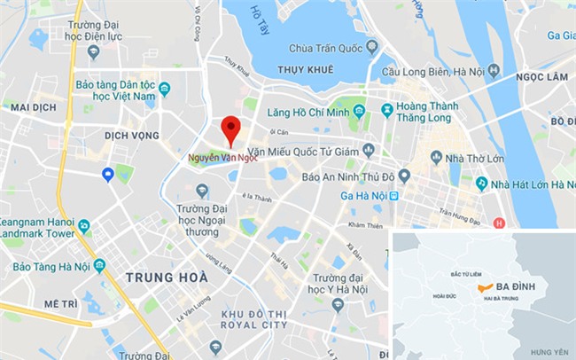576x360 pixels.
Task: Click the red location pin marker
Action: (x=230, y=129)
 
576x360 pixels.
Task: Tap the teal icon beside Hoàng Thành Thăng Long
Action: (x=387, y=110)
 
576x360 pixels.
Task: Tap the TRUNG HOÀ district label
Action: (x=167, y=278)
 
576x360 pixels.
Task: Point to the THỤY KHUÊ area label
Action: (x=307, y=68)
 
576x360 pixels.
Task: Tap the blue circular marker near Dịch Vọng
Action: (x=108, y=174)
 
